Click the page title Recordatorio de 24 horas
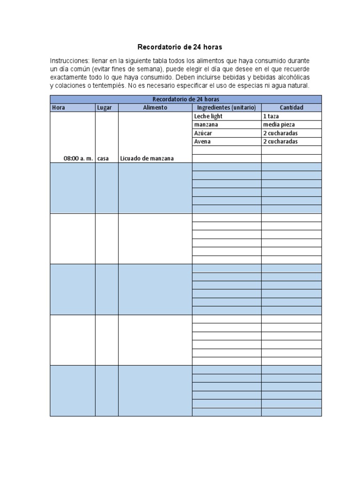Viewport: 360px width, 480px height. click(180, 47)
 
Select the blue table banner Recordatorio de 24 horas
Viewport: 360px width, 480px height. click(186, 99)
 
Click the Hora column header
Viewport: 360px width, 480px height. click(59, 107)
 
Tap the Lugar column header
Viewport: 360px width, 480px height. click(105, 107)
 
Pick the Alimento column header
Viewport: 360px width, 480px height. click(155, 107)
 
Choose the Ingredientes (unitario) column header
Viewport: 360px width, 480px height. click(226, 107)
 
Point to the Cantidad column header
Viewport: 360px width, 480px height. click(292, 107)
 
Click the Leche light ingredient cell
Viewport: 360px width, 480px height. click(208, 116)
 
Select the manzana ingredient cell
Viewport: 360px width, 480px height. click(206, 125)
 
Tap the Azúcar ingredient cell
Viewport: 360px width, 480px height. click(203, 133)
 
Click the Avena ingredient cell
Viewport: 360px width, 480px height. click(202, 142)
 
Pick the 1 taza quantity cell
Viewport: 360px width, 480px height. click(271, 116)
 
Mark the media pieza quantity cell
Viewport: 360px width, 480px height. click(279, 125)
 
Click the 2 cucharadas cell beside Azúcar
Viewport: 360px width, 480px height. click(280, 133)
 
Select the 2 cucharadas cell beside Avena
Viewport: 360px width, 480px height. click(280, 142)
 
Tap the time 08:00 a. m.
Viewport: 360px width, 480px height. click(78, 158)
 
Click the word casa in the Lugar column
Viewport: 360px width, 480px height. click(103, 158)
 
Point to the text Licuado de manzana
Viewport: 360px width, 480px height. click(147, 158)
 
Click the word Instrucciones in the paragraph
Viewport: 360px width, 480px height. click(68, 61)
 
